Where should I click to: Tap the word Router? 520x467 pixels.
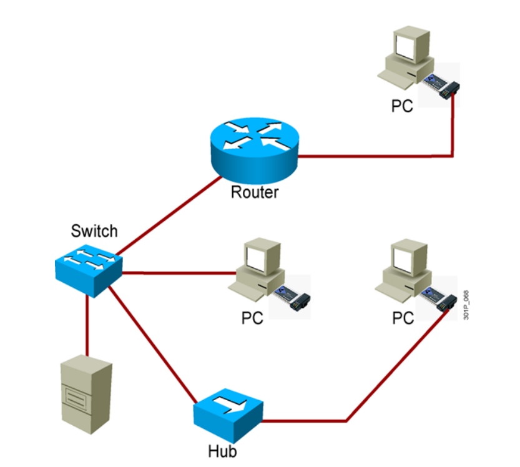point(254,191)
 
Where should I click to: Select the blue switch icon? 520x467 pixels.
point(88,269)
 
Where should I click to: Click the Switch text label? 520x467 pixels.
point(94,231)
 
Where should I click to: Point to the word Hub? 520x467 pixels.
point(222,451)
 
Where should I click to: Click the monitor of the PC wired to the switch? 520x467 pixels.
point(258,260)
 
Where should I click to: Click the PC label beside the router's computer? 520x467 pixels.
point(403,106)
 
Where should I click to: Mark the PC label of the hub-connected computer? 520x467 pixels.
point(403,318)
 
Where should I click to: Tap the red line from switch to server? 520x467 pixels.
point(86,325)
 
